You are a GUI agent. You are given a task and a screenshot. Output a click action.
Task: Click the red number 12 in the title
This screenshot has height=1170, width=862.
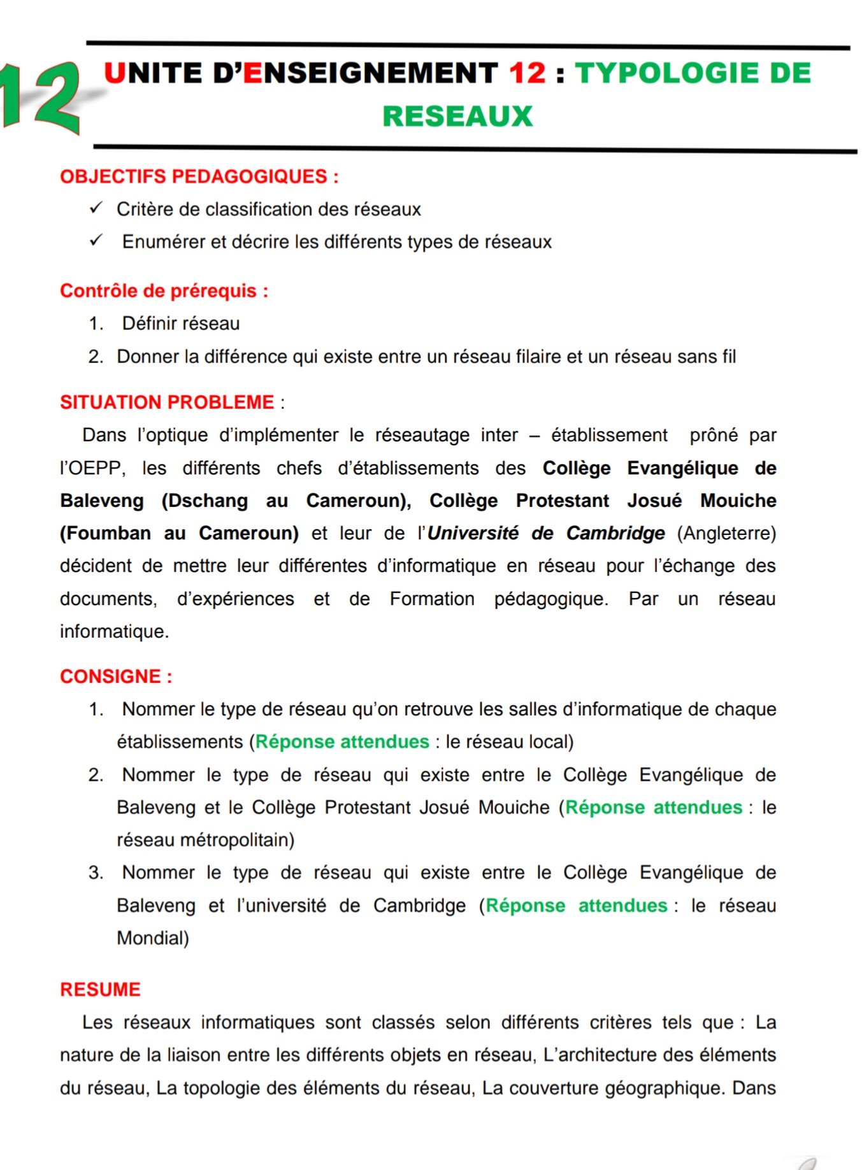527,73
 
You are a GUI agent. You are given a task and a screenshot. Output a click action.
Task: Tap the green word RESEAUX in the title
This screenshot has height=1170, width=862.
457,117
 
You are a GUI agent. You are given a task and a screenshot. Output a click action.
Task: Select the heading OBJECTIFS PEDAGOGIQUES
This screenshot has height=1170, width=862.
199,176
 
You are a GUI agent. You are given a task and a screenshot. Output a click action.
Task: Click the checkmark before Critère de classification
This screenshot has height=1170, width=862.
97,208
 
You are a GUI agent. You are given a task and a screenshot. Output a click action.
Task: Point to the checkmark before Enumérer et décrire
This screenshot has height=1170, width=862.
97,240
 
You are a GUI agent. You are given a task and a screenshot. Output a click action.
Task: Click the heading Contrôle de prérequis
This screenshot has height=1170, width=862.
164,291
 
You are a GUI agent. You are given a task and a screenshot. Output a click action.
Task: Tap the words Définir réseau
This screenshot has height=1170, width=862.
181,324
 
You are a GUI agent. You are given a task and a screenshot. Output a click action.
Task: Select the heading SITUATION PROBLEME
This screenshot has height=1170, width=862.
167,403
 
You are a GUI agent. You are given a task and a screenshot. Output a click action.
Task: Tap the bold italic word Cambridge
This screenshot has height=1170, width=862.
615,533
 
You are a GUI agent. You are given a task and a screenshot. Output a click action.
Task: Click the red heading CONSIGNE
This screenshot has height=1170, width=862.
116,676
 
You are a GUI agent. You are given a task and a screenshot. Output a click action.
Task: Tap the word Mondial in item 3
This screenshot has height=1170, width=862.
152,938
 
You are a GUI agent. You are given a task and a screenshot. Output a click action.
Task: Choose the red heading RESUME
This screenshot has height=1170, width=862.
100,990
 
